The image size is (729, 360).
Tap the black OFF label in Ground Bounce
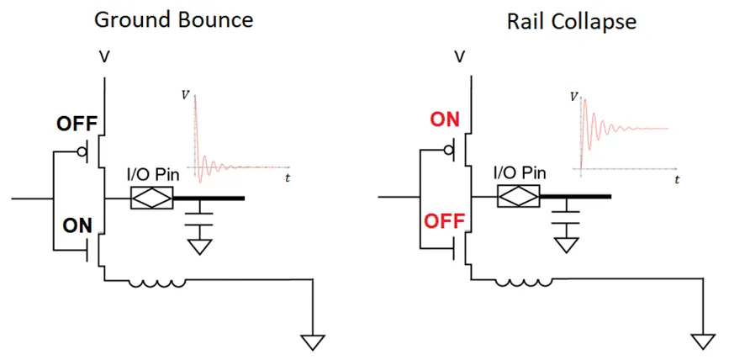pyautogui.click(x=77, y=124)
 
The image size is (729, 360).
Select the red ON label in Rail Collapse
pyautogui.click(x=444, y=119)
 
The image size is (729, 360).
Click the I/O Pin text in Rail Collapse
pyautogui.click(x=520, y=173)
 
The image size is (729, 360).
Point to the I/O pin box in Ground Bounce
pyautogui.click(x=152, y=199)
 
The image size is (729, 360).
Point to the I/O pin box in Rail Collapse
pyautogui.click(x=518, y=199)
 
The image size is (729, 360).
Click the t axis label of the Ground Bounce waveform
pyautogui.click(x=288, y=178)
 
